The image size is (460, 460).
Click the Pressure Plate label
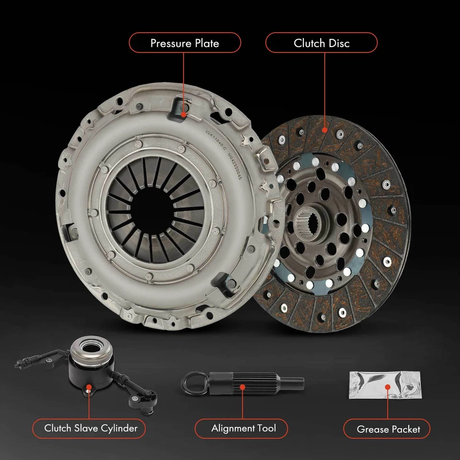[184, 43]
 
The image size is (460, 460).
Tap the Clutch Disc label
[322, 43]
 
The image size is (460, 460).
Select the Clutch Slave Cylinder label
[91, 428]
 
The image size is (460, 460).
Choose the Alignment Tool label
[243, 428]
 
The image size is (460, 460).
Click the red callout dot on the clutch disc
[325, 128]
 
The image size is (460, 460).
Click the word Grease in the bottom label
[371, 429]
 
